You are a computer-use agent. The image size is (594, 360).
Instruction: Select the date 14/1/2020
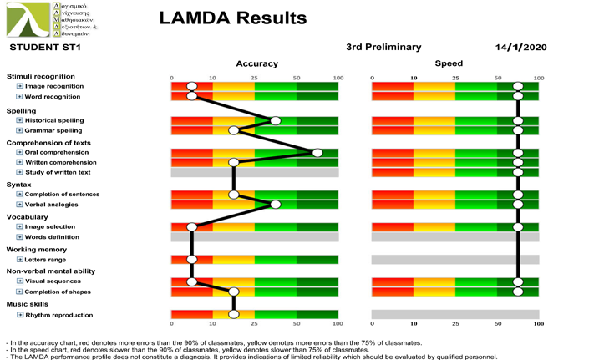(520, 47)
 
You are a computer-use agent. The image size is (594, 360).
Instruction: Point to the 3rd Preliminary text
(383, 47)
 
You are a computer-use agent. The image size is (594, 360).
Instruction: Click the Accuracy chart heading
(251, 63)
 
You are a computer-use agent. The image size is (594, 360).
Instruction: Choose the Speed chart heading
(449, 63)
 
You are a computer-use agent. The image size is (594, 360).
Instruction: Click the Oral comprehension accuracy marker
(317, 152)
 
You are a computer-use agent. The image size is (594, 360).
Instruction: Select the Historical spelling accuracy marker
(276, 120)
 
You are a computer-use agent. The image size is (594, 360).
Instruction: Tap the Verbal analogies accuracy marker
(276, 204)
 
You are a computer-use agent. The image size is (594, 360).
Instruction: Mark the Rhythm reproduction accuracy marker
(234, 315)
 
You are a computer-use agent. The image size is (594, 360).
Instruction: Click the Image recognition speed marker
(518, 86)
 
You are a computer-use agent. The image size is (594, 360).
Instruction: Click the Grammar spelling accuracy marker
(234, 130)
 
